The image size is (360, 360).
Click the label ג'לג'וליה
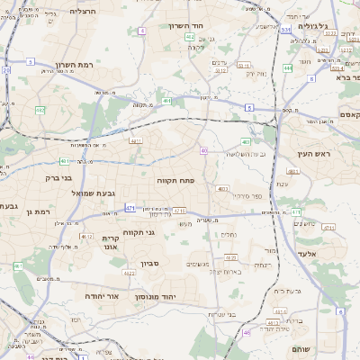click(x=341, y=27)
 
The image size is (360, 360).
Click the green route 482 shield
click(x=40, y=110)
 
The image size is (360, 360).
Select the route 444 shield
click(x=287, y=67)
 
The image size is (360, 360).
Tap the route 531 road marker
click(x=284, y=30)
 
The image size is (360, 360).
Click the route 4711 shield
click(x=180, y=211)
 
